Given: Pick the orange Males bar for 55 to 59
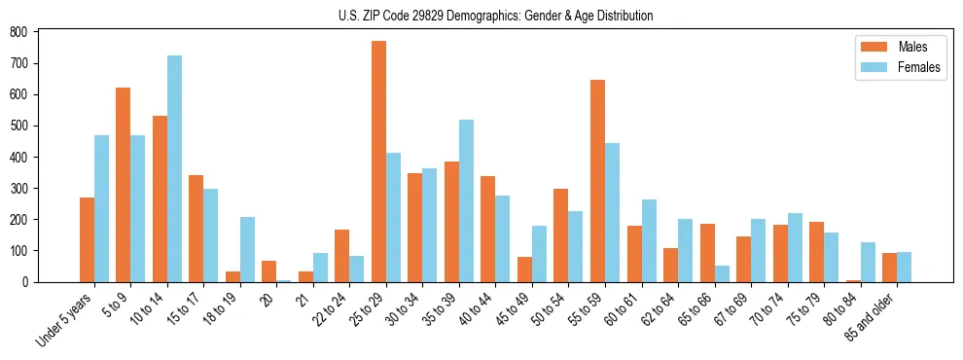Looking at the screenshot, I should tap(597, 181).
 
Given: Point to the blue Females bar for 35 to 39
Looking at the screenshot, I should tap(466, 200).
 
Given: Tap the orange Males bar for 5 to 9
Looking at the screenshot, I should tap(124, 185).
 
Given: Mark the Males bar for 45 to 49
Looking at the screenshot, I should tap(524, 270).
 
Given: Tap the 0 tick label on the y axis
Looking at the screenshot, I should tap(25, 282).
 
